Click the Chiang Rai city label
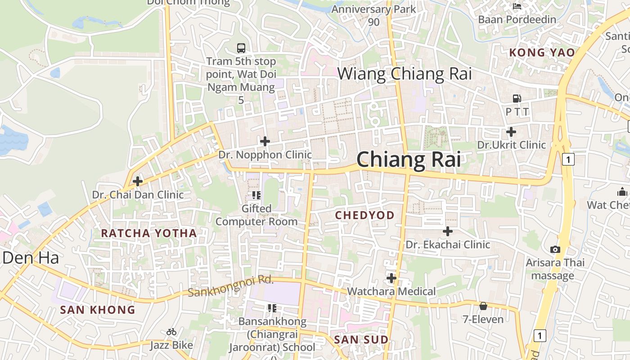click(409, 160)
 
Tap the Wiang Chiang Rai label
click(405, 74)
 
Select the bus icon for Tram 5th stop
click(241, 48)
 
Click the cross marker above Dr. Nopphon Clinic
click(265, 141)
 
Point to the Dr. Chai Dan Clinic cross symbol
click(138, 181)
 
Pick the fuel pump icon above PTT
click(517, 98)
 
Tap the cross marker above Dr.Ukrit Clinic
click(511, 132)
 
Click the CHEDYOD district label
click(364, 216)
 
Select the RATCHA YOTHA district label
click(149, 233)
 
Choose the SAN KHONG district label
click(98, 310)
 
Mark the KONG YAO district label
click(542, 53)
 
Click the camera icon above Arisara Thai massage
click(555, 249)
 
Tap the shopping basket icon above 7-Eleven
click(483, 306)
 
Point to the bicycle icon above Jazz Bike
click(171, 332)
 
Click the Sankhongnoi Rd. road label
click(231, 286)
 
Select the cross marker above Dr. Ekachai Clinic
click(448, 231)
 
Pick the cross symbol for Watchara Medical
click(391, 278)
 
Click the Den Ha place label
click(31, 258)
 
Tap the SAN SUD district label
click(361, 340)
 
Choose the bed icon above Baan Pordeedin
click(517, 6)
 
